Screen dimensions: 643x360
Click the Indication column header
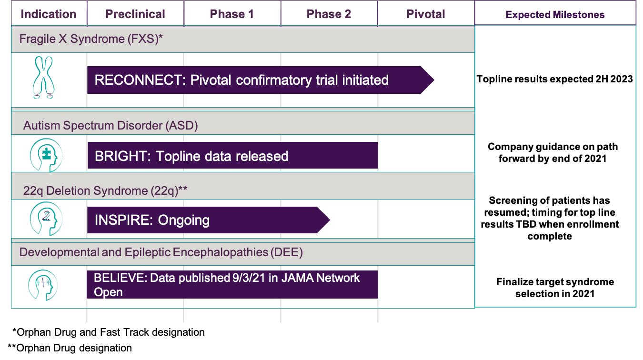pyautogui.click(x=49, y=14)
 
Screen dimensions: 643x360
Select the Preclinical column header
pyautogui.click(x=135, y=14)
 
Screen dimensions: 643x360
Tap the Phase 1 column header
pyautogui.click(x=232, y=14)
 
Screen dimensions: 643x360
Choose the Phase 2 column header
pyautogui.click(x=329, y=14)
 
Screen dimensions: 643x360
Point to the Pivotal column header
pyautogui.click(x=426, y=14)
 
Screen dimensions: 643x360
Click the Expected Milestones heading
pyautogui.click(x=555, y=15)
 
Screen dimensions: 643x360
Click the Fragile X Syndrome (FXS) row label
pyautogui.click(x=91, y=39)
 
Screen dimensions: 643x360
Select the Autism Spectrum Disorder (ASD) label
pyautogui.click(x=111, y=126)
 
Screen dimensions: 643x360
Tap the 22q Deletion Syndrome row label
pyautogui.click(x=105, y=191)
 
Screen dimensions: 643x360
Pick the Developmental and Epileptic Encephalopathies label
pyautogui.click(x=161, y=252)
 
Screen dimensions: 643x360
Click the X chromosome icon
pyautogui.click(x=44, y=78)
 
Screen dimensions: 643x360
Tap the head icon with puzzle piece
pyautogui.click(x=46, y=155)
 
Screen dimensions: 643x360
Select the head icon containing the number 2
pyautogui.click(x=46, y=219)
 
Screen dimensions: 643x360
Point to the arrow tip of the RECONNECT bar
pyautogui.click(x=434, y=80)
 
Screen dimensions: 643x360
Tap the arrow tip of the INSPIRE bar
pyautogui.click(x=330, y=220)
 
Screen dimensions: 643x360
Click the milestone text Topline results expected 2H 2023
pyautogui.click(x=554, y=79)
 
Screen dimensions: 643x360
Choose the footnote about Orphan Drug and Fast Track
pyautogui.click(x=109, y=332)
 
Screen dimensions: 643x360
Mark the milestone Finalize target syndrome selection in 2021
pyautogui.click(x=555, y=288)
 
